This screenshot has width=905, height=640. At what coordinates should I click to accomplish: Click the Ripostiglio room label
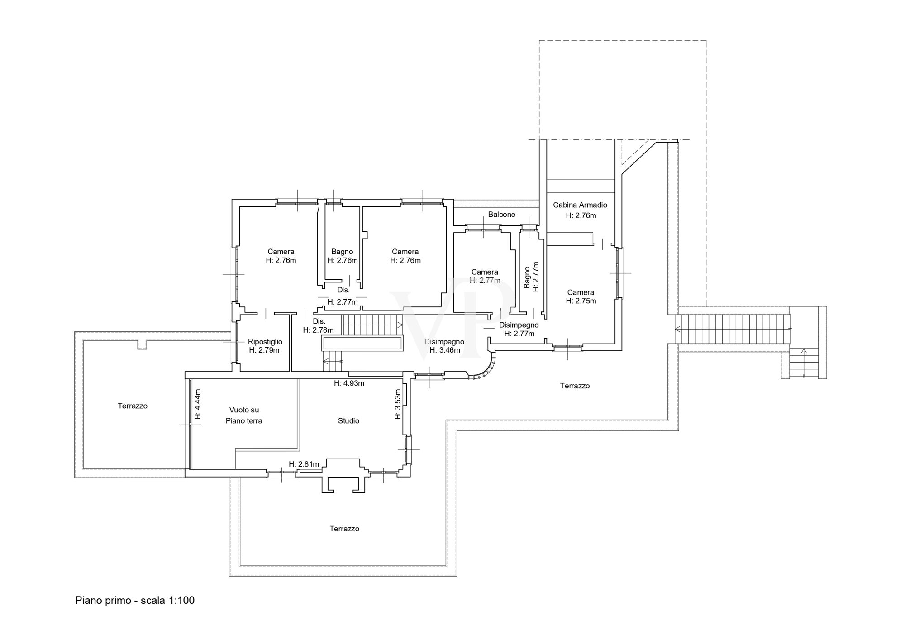(x=265, y=342)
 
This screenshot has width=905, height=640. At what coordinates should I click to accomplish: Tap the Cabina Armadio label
(x=580, y=205)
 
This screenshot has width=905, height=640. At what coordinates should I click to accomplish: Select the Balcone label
(x=501, y=215)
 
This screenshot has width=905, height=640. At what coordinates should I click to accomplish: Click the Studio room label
(x=348, y=421)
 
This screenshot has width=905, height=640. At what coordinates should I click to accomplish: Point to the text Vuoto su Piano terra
(x=244, y=415)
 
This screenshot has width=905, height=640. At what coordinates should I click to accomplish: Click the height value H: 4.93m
(x=349, y=383)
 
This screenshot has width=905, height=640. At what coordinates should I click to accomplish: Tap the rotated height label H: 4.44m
(x=197, y=404)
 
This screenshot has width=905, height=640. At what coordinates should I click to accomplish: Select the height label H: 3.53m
(x=398, y=404)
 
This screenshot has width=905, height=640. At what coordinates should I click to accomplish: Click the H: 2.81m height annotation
(x=304, y=464)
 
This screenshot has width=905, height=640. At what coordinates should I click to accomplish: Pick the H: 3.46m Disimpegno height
(x=445, y=350)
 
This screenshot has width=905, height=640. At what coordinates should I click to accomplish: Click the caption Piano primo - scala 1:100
(x=135, y=601)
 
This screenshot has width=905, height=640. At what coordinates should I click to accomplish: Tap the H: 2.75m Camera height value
(x=581, y=301)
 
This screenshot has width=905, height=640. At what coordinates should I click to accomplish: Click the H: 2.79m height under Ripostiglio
(x=264, y=350)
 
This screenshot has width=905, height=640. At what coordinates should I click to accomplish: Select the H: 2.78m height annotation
(x=318, y=330)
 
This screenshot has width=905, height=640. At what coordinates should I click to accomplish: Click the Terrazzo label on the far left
(x=133, y=406)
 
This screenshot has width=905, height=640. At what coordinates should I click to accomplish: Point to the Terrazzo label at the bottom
(x=344, y=529)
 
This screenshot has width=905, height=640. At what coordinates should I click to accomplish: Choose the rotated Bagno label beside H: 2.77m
(x=527, y=277)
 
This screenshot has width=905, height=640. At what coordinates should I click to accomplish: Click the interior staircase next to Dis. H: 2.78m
(x=372, y=325)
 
